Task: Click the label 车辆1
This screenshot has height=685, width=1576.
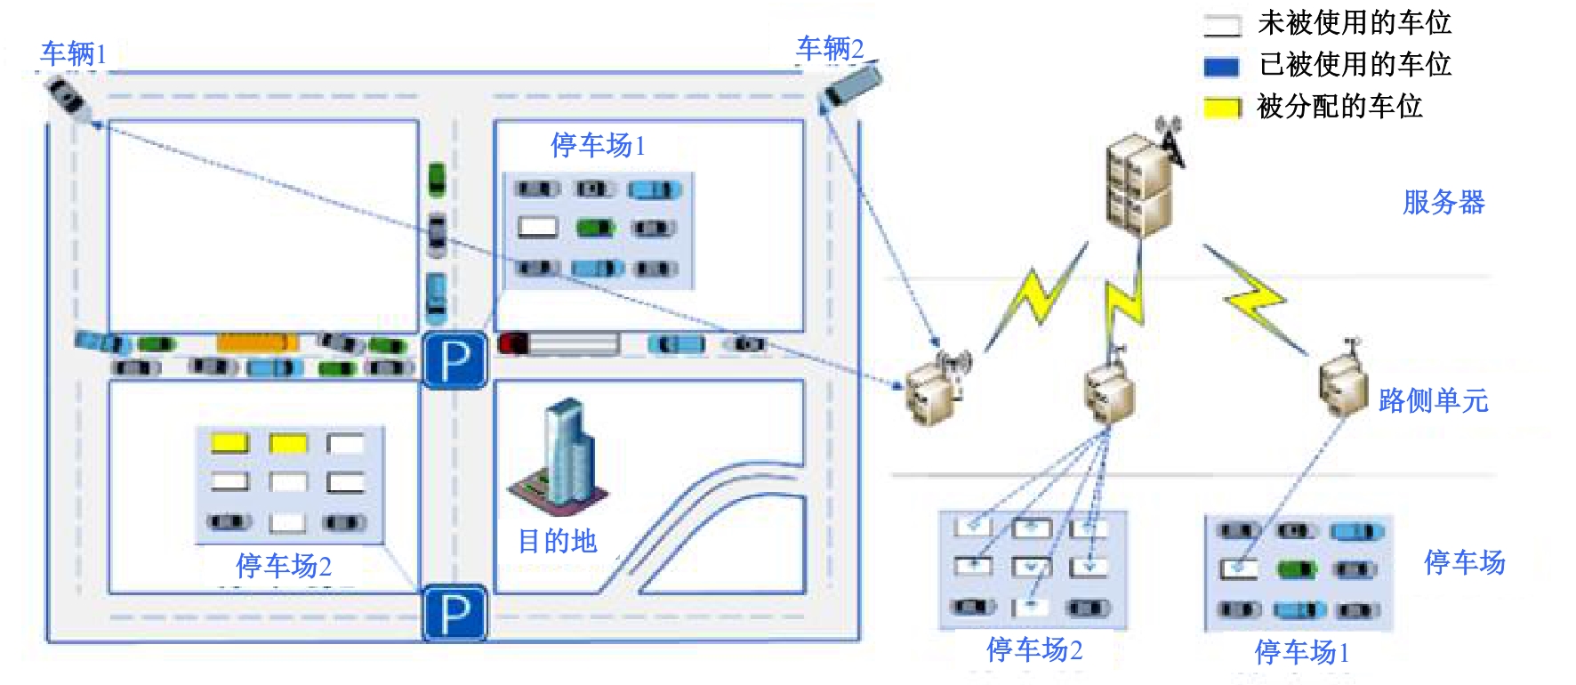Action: tap(74, 53)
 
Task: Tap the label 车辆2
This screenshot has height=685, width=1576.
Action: tap(830, 48)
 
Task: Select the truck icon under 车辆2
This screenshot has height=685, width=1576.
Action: tap(852, 85)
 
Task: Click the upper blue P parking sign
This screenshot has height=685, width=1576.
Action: tap(454, 360)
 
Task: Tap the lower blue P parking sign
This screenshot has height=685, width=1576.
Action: tap(454, 613)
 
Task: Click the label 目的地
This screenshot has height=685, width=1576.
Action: tap(557, 541)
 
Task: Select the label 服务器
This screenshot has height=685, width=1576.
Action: tap(1443, 202)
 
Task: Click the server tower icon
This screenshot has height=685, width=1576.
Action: tap(1141, 182)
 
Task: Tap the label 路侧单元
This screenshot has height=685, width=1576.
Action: tap(1433, 400)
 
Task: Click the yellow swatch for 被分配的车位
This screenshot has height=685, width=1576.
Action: tap(1222, 108)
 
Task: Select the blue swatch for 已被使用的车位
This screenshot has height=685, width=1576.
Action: tap(1222, 66)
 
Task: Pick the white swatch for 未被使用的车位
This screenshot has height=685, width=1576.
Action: tap(1222, 25)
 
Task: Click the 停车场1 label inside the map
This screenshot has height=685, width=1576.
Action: tap(598, 144)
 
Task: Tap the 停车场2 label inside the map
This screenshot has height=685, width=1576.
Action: tap(284, 565)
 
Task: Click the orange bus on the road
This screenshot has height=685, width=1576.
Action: tap(256, 342)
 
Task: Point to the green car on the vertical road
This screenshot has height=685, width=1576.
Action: tap(437, 179)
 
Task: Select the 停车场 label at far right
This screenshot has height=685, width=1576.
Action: tap(1464, 561)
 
